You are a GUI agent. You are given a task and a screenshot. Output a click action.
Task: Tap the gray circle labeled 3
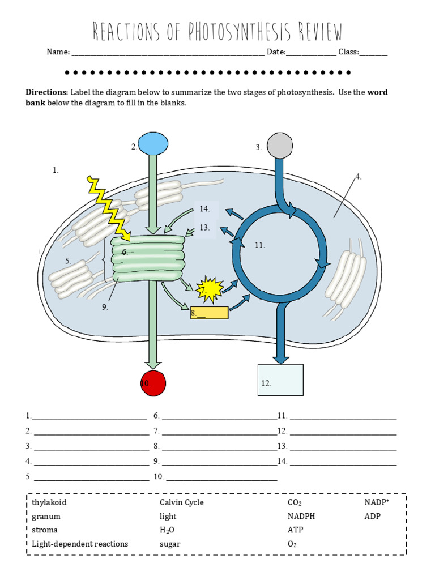point(280,145)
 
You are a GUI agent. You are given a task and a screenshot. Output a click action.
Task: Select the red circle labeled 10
point(153,383)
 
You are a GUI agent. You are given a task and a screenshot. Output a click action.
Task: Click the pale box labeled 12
point(280,379)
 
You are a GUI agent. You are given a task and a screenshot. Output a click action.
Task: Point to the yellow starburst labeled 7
point(210,289)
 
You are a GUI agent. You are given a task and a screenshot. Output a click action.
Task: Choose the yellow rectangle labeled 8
point(210,313)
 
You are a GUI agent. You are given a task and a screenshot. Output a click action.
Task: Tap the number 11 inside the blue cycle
point(260,245)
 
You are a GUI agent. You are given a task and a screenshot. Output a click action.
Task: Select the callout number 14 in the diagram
point(204,209)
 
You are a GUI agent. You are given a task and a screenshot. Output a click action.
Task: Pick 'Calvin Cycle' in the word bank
point(181,502)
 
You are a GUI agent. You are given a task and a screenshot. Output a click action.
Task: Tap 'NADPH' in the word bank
point(301,517)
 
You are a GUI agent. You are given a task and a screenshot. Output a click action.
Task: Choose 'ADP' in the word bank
point(372,517)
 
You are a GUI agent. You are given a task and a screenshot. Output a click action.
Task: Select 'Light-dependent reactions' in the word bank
point(80,544)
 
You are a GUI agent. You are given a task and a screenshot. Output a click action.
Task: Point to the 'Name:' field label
point(58,52)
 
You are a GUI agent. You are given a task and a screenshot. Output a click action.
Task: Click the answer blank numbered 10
point(221,477)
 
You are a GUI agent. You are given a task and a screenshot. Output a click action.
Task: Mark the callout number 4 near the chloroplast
point(358,177)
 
